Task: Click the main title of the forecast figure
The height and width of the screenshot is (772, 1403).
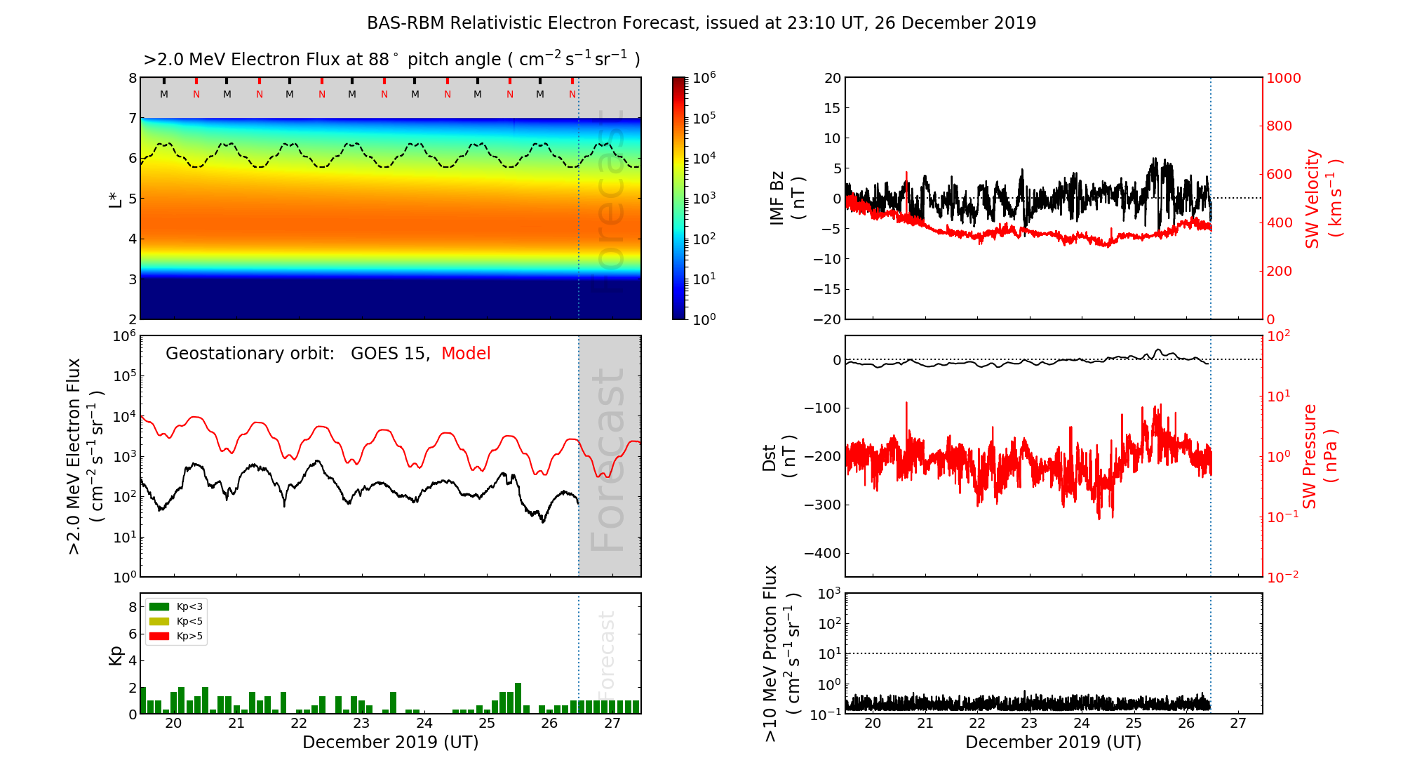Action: point(701,23)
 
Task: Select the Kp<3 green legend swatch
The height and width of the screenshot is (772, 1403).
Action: point(159,606)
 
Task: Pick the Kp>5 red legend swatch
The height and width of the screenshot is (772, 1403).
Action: point(159,637)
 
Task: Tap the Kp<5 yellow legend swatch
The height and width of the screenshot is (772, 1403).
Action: point(159,621)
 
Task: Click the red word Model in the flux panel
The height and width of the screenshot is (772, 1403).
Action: point(466,354)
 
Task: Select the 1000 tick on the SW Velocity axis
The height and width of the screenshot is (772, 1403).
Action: point(1283,78)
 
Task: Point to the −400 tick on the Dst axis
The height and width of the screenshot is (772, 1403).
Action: point(822,553)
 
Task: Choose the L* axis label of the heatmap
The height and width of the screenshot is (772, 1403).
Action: point(116,199)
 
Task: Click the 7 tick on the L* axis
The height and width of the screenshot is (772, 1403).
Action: point(132,118)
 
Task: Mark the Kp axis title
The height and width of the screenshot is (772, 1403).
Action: point(116,655)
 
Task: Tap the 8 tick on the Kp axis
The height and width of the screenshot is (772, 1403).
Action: point(132,607)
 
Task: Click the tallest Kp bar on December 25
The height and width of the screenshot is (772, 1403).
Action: point(518,698)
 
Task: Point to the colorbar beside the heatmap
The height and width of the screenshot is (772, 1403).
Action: point(678,198)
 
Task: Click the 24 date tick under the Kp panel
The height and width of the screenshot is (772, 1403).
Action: point(424,724)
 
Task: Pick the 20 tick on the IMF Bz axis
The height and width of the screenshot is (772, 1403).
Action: point(832,78)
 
